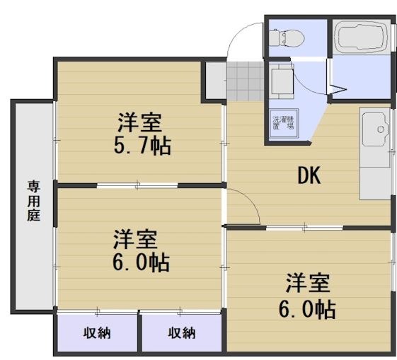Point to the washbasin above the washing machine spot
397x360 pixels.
click(282, 80)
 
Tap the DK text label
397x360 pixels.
click(309, 175)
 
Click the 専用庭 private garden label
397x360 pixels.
click(33, 202)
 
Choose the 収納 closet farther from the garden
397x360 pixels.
click(182, 332)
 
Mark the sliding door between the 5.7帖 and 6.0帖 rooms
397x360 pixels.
click(138, 186)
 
